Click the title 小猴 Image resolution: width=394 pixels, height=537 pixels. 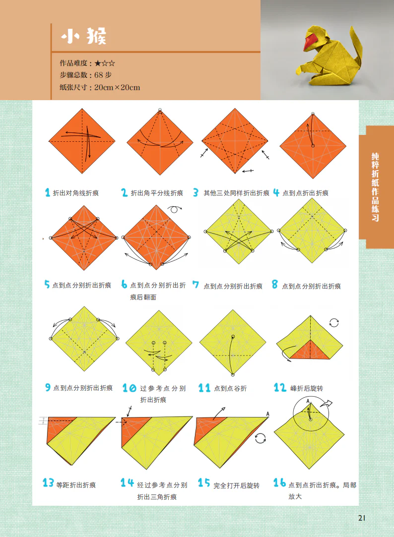(83, 36)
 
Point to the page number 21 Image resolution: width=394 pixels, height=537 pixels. (362, 518)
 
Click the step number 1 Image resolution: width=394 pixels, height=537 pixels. (48, 193)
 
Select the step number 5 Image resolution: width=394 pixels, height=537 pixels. (47, 285)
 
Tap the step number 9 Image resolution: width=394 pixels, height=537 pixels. (48, 387)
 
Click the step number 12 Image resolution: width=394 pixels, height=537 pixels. (280, 388)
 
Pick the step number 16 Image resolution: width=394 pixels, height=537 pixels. (280, 482)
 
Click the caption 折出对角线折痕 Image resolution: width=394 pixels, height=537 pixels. (75, 193)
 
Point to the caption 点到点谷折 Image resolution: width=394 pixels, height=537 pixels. (230, 388)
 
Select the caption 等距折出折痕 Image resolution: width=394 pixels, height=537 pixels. (76, 485)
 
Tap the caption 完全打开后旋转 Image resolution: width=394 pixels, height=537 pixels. (236, 485)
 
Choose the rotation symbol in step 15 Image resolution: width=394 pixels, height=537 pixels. (260, 438)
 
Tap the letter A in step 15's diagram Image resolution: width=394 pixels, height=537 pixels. (267, 414)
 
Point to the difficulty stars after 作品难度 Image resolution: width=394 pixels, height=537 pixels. (105, 63)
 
